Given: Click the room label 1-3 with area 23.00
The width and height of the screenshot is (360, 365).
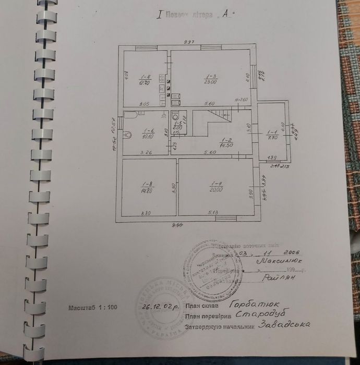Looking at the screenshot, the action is click(210, 79).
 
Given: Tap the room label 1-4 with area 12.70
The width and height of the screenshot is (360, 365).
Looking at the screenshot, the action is click(145, 80).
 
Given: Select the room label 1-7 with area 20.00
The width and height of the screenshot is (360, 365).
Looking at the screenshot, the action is click(217, 186).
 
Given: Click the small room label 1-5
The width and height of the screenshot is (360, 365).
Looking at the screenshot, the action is click(177, 126).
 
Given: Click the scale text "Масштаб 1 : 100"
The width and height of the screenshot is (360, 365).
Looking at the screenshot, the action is click(93, 308).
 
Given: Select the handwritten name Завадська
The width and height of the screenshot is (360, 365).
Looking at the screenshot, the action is click(285, 324).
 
